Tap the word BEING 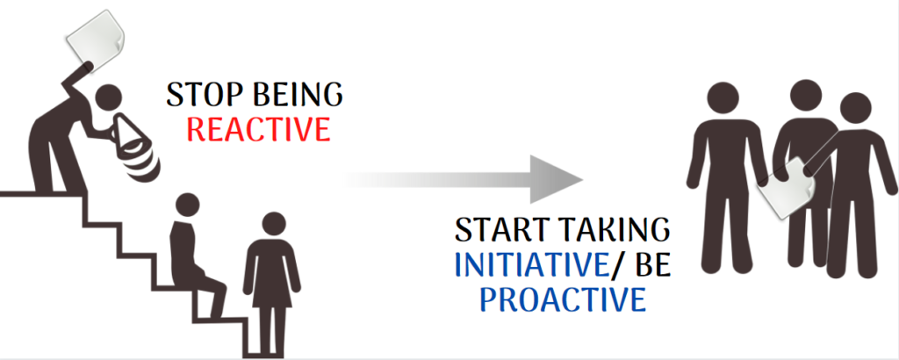point(293,96)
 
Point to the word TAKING point(615,230)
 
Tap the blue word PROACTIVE point(562,299)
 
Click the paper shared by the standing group point(780,188)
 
